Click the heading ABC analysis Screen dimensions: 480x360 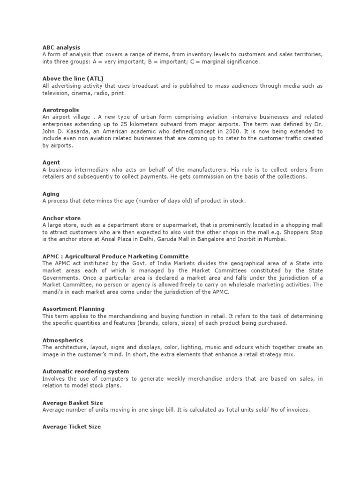click(x=61, y=47)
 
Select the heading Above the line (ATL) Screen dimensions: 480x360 click(x=73, y=78)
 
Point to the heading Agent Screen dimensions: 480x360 click(x=51, y=162)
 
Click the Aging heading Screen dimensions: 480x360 click(x=51, y=194)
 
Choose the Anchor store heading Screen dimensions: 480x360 click(x=61, y=218)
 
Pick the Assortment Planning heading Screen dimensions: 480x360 click(x=73, y=309)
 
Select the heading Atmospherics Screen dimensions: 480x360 click(x=62, y=340)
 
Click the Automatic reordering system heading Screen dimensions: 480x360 click(x=82, y=371)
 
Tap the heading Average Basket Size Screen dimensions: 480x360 click(x=72, y=403)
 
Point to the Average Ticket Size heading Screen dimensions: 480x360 click(x=71, y=427)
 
